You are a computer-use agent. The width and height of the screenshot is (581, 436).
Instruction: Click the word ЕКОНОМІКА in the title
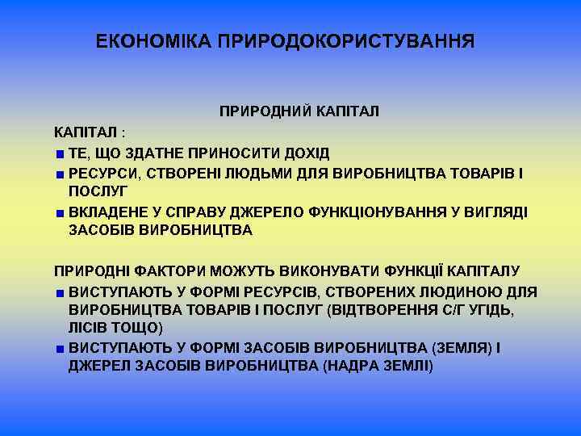(x=153, y=40)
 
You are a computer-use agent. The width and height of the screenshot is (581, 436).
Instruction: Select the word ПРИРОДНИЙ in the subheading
(x=261, y=111)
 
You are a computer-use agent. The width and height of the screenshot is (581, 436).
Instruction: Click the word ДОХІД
(x=306, y=153)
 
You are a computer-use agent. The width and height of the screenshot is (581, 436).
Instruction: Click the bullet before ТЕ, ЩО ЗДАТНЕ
(x=60, y=154)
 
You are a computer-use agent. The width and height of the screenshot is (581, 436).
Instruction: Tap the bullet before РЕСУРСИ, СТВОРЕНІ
(x=60, y=174)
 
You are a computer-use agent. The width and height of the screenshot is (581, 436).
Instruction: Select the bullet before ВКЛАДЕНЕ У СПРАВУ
(x=60, y=212)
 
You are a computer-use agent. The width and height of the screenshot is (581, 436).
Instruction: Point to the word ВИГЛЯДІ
(x=495, y=212)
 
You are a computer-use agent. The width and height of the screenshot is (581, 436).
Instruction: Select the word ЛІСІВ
(x=89, y=328)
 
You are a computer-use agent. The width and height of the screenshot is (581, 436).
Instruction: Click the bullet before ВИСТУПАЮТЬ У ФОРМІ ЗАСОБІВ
(x=60, y=348)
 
